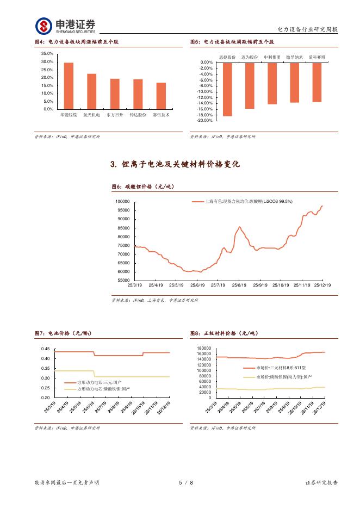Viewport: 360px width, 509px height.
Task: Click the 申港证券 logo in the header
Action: (x=66, y=25)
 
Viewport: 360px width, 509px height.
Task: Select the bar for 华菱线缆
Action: (x=69, y=86)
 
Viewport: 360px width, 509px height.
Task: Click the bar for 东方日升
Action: (x=115, y=94)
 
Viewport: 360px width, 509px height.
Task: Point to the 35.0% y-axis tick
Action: (x=47, y=54)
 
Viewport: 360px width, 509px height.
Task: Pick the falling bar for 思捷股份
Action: (x=227, y=89)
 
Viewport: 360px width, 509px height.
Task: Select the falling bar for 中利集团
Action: (x=272, y=83)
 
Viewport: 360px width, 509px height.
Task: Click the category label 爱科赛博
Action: (x=317, y=57)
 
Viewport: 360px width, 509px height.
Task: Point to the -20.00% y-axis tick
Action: (x=204, y=121)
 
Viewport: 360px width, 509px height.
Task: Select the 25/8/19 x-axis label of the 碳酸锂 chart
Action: (x=240, y=284)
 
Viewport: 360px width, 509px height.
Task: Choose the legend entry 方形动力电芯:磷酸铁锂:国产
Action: (x=103, y=389)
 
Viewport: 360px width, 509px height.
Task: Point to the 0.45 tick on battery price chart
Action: (x=45, y=349)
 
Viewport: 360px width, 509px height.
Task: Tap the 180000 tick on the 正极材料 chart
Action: (x=204, y=349)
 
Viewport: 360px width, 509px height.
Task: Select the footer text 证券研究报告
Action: (x=321, y=482)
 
